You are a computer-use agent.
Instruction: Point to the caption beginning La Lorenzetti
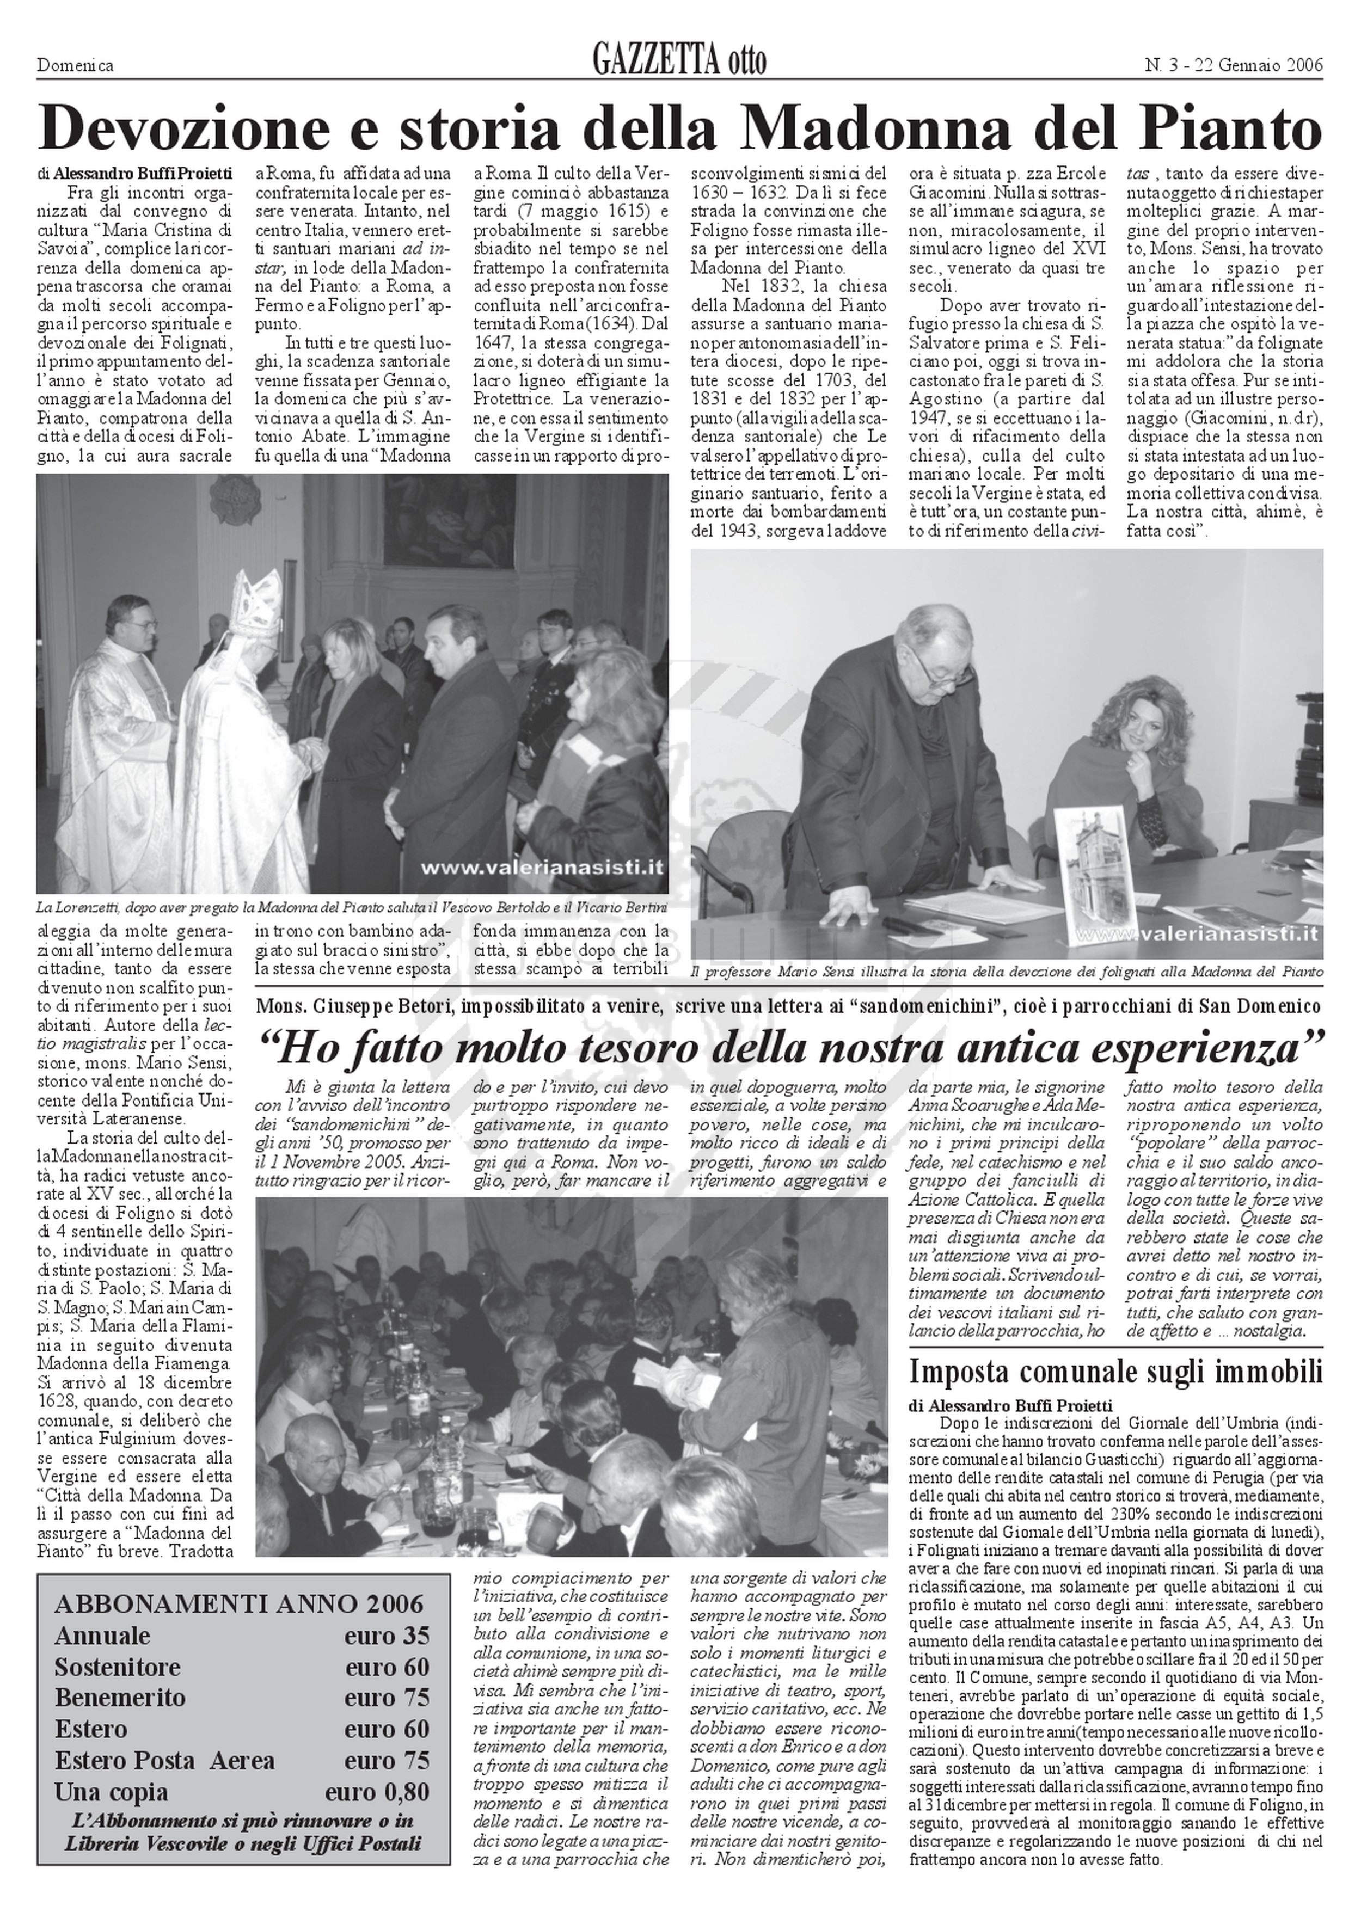(352, 907)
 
